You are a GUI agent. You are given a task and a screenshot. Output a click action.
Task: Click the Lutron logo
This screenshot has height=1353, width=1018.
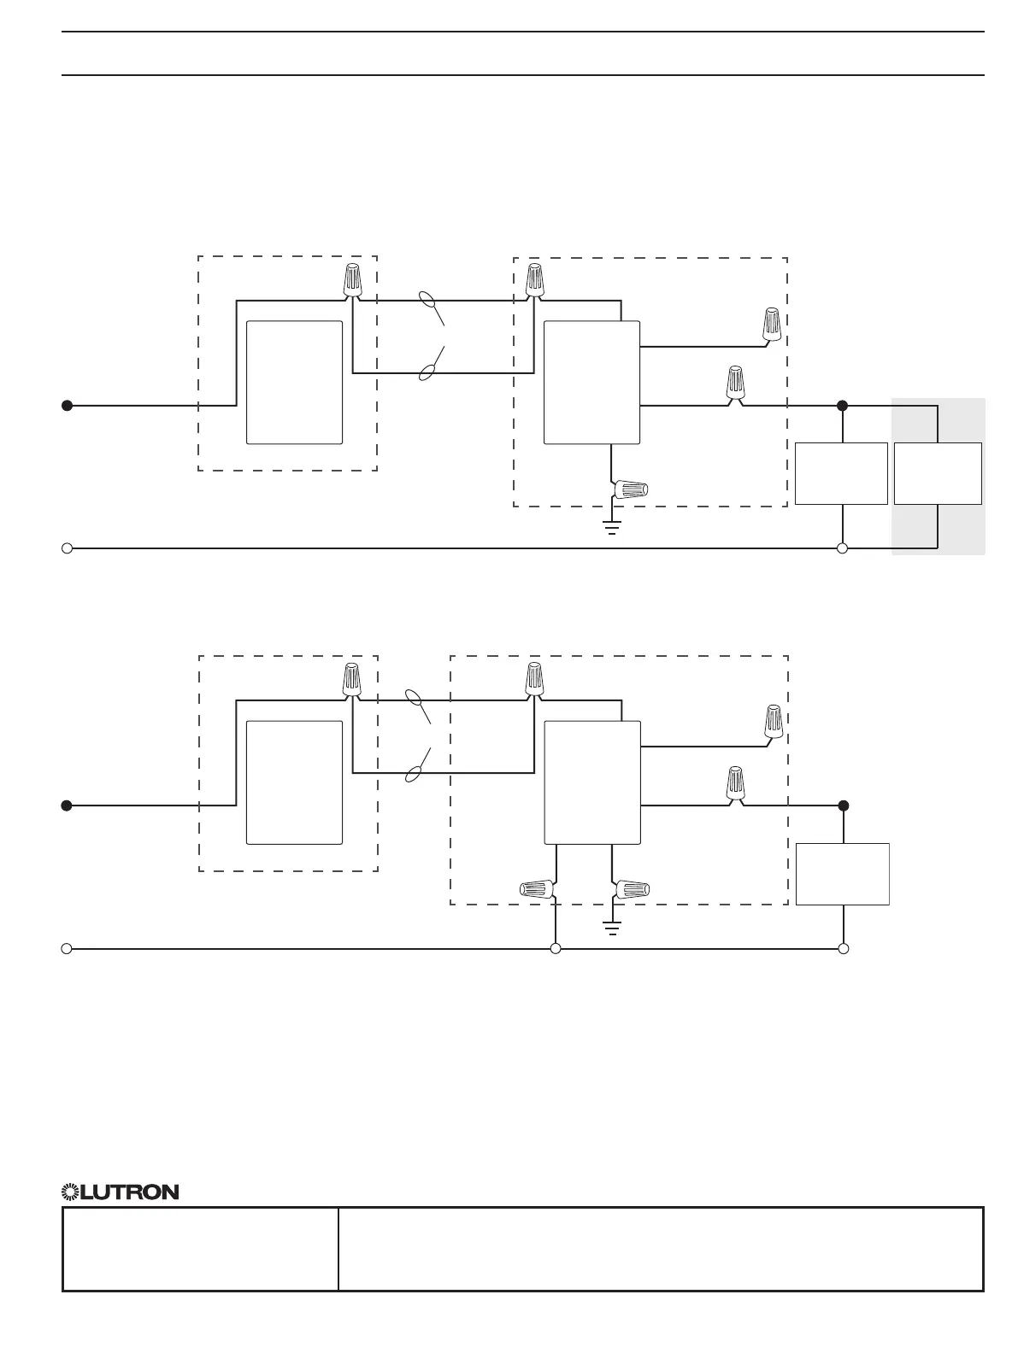click(121, 1192)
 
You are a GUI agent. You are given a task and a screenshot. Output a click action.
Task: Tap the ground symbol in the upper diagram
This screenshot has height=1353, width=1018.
click(612, 526)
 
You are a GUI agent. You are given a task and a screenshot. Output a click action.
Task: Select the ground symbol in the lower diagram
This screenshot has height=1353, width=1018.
click(612, 927)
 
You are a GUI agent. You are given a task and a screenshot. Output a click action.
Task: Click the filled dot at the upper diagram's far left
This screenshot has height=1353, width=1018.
click(67, 406)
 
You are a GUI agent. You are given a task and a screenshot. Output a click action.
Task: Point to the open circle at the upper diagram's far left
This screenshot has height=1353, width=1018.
click(67, 548)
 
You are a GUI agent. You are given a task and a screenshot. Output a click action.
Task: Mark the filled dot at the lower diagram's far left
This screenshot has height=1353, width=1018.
click(67, 805)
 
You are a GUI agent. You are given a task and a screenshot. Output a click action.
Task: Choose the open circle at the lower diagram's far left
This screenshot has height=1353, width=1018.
click(67, 948)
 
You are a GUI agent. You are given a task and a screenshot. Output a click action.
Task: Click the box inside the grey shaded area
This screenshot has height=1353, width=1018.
click(938, 473)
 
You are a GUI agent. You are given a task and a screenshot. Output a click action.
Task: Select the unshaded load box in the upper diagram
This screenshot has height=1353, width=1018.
click(841, 473)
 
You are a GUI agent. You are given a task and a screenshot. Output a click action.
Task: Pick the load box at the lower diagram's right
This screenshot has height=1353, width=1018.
click(843, 874)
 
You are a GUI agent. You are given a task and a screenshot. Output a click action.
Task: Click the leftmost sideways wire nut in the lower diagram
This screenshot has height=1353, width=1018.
click(536, 890)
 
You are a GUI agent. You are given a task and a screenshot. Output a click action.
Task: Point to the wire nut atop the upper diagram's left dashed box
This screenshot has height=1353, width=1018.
click(351, 281)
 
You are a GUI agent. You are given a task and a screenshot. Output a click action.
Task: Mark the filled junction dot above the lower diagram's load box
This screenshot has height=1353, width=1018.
click(844, 805)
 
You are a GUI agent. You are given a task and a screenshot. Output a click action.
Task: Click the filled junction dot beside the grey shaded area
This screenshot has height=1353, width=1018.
click(842, 406)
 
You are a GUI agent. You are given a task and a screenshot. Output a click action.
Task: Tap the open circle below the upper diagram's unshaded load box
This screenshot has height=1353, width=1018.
click(842, 548)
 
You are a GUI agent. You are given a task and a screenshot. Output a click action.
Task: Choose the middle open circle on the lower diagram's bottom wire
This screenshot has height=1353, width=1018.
click(556, 948)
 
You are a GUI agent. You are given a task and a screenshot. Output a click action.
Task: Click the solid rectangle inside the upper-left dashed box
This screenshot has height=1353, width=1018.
click(294, 383)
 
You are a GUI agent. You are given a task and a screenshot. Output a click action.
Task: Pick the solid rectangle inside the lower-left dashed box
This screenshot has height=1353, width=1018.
click(294, 782)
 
